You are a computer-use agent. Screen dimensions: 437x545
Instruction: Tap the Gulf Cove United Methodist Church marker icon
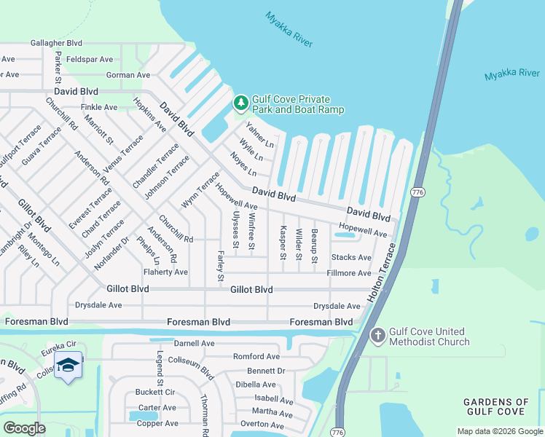377,336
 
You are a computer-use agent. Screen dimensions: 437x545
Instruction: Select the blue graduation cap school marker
68,364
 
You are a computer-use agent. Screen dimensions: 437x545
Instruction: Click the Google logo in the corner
24,428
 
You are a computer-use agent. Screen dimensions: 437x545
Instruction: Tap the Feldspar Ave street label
89,59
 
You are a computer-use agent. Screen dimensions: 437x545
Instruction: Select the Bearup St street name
315,245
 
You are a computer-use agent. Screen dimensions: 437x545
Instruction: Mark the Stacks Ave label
351,257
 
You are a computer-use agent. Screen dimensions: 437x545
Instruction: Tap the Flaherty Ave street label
165,272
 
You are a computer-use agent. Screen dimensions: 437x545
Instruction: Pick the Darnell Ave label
194,343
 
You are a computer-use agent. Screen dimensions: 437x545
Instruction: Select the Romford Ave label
256,357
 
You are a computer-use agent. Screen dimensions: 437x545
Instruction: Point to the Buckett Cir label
156,392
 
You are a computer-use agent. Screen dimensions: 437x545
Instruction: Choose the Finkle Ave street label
100,107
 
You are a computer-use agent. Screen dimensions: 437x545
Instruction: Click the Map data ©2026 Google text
499,431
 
